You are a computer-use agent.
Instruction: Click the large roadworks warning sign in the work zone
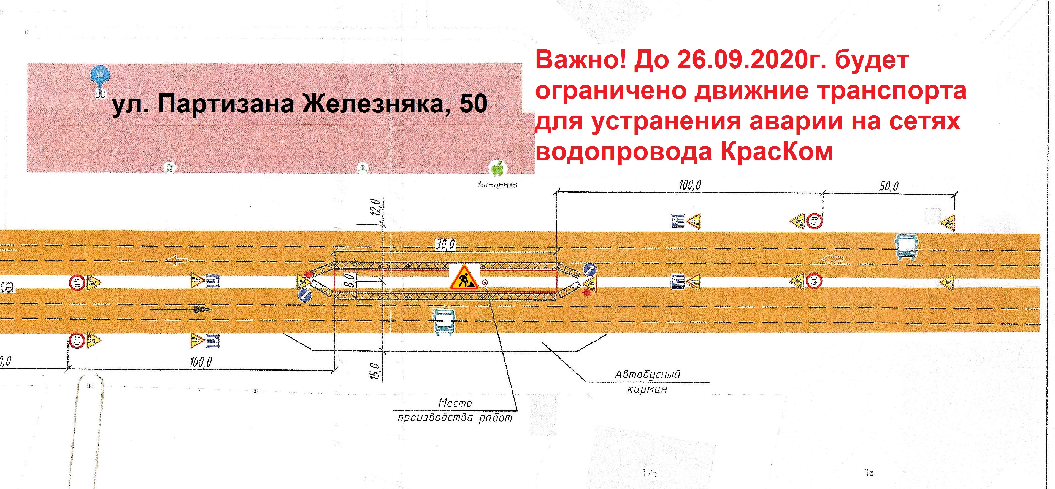464,278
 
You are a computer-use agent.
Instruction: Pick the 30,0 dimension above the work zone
445,245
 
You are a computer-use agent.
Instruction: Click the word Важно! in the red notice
581,61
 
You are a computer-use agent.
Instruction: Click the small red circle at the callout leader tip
485,282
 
